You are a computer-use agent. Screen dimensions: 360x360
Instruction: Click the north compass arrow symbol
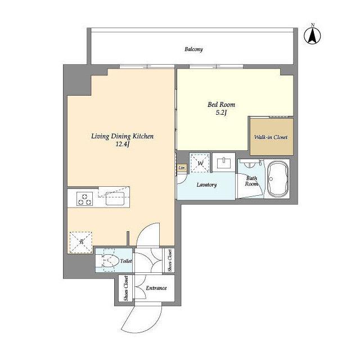[x=312, y=35]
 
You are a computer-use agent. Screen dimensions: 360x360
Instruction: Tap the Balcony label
[x=193, y=49]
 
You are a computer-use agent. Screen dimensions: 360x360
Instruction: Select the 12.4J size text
[x=123, y=144]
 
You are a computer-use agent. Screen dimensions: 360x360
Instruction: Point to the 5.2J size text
[x=221, y=112]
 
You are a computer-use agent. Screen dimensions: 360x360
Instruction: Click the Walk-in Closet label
[x=271, y=137]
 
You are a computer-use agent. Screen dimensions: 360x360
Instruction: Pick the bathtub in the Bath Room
[x=278, y=179]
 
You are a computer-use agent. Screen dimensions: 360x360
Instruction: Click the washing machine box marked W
[x=200, y=163]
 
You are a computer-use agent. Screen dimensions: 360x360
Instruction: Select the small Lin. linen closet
[x=182, y=168]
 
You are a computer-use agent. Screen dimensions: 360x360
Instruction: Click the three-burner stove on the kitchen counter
[x=85, y=199]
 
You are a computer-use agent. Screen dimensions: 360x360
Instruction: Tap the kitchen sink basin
[x=115, y=199]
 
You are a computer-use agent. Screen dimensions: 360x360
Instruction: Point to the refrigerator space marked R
[x=81, y=242]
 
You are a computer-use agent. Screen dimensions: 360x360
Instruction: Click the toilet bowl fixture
[x=108, y=261]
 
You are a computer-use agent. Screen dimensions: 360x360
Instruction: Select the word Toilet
[x=126, y=261]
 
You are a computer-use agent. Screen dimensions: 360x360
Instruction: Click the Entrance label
[x=156, y=288]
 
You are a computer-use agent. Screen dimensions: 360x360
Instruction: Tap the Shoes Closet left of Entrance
[x=126, y=288]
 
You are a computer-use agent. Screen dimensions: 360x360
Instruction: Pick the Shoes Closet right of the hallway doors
[x=169, y=260]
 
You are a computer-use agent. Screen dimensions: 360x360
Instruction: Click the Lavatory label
[x=206, y=185]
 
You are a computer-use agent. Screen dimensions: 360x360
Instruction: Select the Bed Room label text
[x=221, y=105]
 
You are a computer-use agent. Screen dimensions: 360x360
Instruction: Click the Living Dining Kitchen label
[x=123, y=136]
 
